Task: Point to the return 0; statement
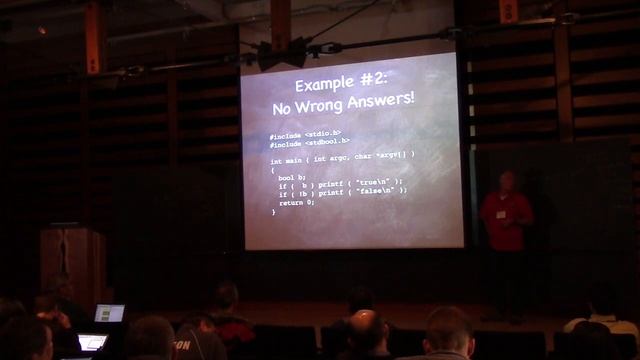pos(297,202)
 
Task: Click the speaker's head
pos(506,180)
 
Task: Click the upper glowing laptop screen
pos(109,313)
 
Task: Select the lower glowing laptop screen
pos(92,342)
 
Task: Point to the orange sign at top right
pos(507,9)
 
